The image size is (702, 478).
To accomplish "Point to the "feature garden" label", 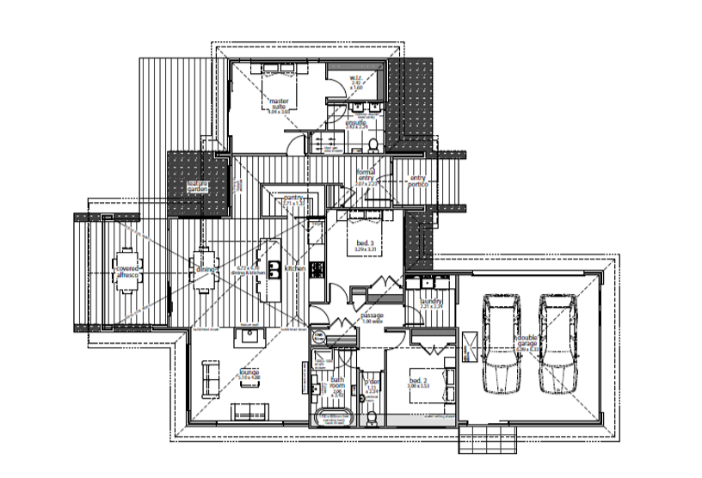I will coord(199,187).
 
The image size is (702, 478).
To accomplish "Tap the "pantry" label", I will coord(293,198).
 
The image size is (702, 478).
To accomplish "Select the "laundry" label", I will coord(431,302).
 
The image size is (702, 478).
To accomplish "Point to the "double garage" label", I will coord(527,343).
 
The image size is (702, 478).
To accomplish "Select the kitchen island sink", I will coord(274,269).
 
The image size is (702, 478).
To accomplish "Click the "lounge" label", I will coord(249,372).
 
